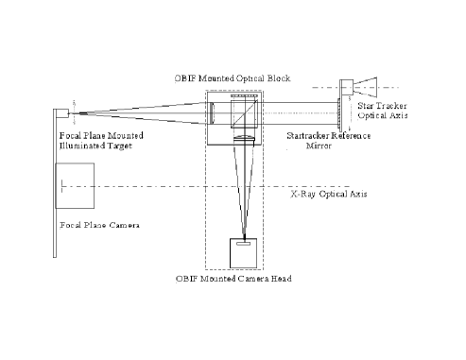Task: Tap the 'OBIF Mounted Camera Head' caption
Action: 233,280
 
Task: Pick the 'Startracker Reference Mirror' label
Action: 328,142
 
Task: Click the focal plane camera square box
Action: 76,187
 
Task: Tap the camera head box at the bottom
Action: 245,252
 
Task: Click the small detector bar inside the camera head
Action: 245,244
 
